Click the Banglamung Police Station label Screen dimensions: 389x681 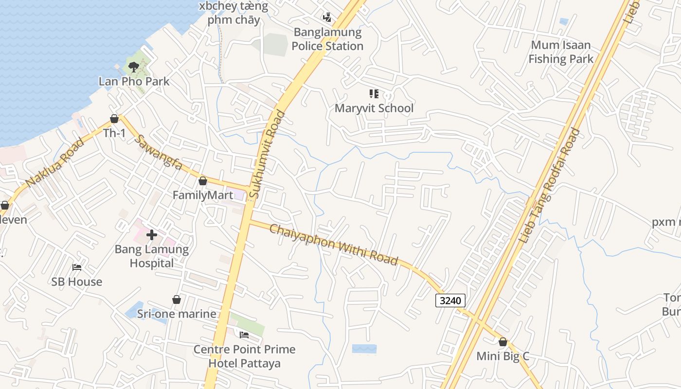(328, 39)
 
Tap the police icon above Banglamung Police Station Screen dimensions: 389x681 (327, 18)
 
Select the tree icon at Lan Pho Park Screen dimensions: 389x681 (133, 67)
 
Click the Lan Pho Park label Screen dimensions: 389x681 (134, 81)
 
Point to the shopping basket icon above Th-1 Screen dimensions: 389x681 (114, 119)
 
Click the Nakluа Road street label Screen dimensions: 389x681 (54, 163)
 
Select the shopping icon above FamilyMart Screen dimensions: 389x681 (203, 181)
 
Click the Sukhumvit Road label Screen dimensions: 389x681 (267, 155)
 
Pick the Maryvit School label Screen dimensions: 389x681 (374, 108)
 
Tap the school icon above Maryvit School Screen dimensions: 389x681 (374, 94)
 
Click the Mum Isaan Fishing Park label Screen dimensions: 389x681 (561, 52)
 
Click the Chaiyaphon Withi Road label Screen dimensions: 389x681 (334, 245)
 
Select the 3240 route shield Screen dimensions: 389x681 (450, 301)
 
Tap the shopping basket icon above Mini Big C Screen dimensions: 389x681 (503, 342)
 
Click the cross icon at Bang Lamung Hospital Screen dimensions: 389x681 (152, 235)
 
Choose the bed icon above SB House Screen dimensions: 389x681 (77, 267)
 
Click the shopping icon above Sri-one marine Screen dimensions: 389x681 (177, 300)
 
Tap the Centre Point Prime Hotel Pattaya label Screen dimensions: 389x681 (245, 356)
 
